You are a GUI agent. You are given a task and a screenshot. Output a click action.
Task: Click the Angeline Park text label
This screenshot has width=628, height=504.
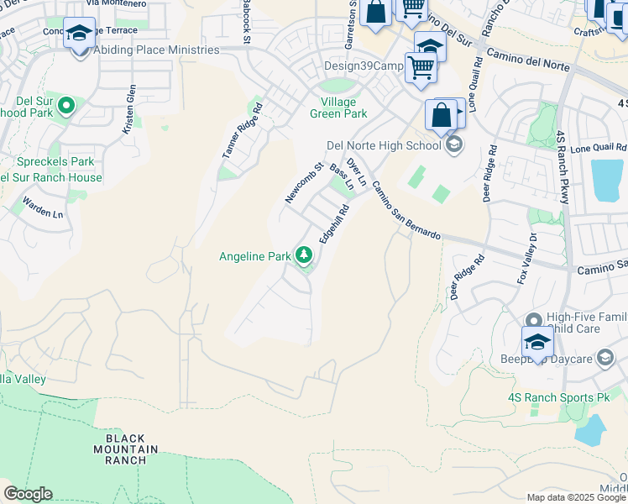pos(254,256)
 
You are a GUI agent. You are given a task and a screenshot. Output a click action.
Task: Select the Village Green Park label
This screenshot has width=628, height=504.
pos(338,107)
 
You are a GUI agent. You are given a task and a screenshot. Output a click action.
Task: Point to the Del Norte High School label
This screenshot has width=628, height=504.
pos(384,145)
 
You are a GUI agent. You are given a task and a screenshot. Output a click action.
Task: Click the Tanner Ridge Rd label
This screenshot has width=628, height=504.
pos(242,130)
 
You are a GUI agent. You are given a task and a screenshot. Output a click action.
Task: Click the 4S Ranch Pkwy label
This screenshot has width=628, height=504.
pos(562,166)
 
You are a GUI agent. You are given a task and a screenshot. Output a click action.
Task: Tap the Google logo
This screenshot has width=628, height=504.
pos(28,494)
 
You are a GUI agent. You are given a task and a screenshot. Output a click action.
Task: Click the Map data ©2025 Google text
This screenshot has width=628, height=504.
pos(576,497)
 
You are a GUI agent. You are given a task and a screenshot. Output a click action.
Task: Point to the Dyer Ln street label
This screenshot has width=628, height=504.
pos(357,171)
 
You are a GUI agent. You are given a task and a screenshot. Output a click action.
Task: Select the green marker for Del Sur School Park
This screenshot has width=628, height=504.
pos(65,106)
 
